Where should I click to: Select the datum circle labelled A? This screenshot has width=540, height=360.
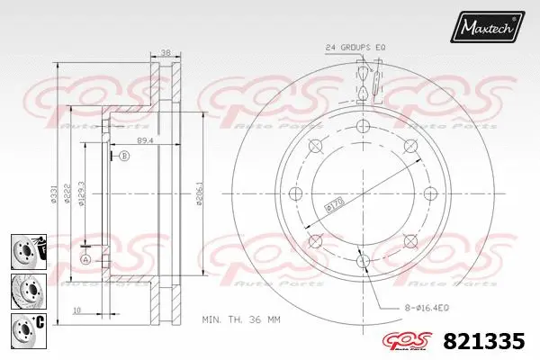tap(86, 259)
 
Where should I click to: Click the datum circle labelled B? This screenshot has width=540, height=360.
tap(125, 157)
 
